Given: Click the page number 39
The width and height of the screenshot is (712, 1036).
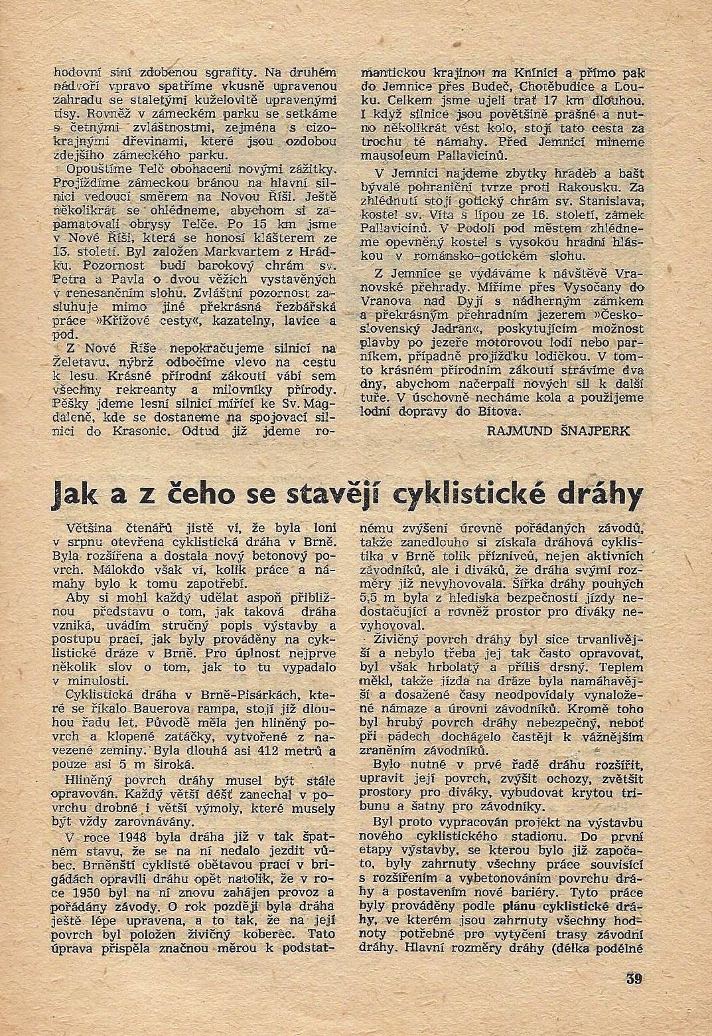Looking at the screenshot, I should pos(633,978).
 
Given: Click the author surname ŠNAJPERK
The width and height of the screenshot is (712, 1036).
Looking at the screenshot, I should pos(597,430).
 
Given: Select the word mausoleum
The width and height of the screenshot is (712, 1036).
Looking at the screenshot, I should pos(396,157).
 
